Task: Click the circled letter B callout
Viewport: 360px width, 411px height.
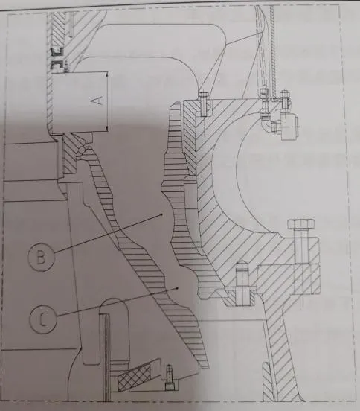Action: tap(41, 257)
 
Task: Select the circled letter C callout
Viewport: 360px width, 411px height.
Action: tap(43, 319)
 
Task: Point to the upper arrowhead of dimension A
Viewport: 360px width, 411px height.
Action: tap(107, 75)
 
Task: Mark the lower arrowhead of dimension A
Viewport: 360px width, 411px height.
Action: tap(107, 128)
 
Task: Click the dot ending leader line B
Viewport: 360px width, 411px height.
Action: tap(161, 214)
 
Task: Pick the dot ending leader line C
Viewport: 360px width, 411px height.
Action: tap(178, 288)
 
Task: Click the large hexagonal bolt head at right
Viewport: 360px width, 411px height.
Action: tap(301, 224)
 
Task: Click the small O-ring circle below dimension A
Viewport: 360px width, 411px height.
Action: tap(83, 150)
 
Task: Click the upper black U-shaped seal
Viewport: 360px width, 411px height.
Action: tap(57, 52)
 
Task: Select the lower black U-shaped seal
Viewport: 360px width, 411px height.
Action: tap(57, 65)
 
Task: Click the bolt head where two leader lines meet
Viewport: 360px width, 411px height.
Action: tap(204, 94)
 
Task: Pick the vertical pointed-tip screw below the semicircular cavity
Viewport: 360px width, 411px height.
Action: tap(242, 283)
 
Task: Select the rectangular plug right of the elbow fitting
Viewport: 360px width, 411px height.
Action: tap(291, 127)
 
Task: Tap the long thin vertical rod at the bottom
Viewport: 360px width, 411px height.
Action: tap(106, 357)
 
